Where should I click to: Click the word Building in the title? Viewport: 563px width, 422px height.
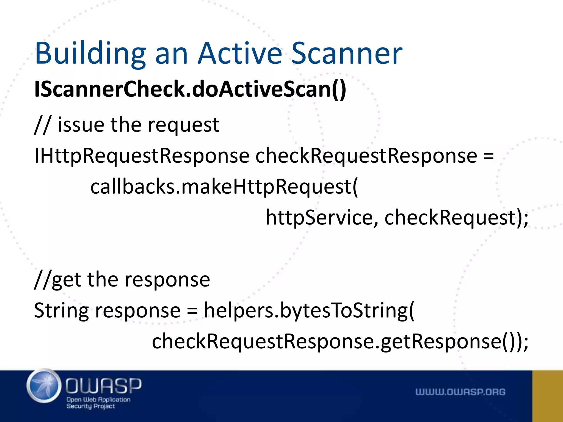[x=90, y=54]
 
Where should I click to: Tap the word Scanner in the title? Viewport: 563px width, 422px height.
[x=347, y=54]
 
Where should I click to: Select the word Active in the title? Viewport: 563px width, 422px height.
[x=240, y=54]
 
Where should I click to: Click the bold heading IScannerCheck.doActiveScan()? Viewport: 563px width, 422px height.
[x=190, y=89]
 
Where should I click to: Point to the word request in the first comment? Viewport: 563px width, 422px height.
[x=183, y=125]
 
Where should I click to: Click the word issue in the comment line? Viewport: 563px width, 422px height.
[x=81, y=125]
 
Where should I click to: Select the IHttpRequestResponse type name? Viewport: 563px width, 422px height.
[x=142, y=156]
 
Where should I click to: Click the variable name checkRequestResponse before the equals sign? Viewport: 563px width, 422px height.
[x=366, y=156]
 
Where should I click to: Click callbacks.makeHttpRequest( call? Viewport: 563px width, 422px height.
[x=224, y=187]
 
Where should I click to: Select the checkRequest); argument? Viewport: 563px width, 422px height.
[x=456, y=218]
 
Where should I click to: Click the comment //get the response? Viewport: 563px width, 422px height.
[x=122, y=280]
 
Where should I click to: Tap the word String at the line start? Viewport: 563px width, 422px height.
[x=61, y=311]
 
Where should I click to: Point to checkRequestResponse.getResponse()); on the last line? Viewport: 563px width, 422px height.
[x=340, y=342]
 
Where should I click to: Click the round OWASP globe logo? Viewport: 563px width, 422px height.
[x=44, y=386]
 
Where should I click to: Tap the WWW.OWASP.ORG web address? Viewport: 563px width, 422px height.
[x=460, y=392]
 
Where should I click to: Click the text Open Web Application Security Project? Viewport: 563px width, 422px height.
[x=98, y=403]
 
